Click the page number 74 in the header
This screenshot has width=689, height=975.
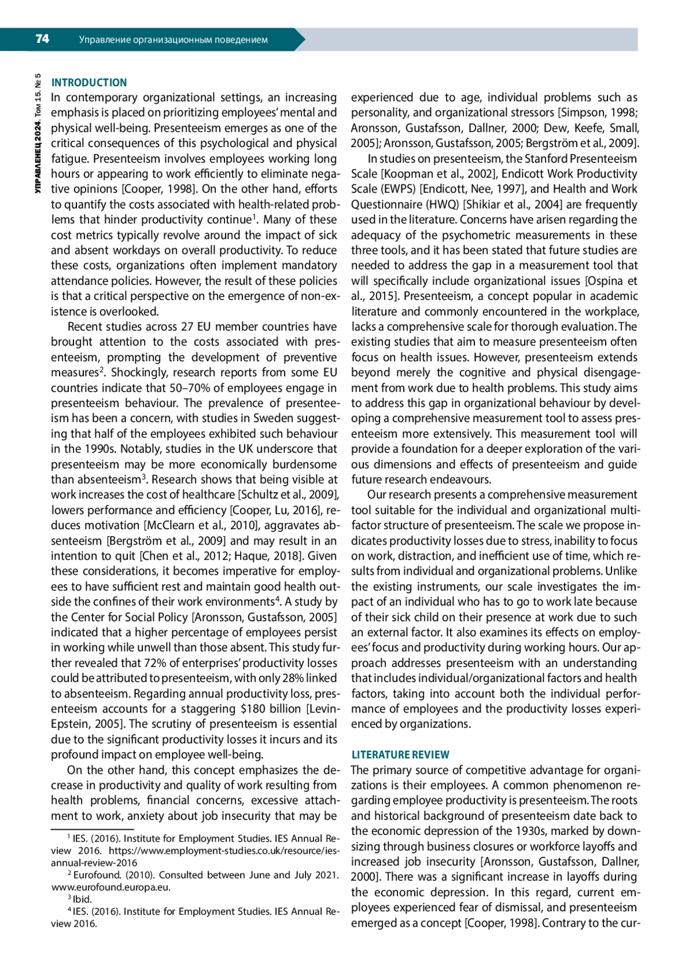pyautogui.click(x=42, y=39)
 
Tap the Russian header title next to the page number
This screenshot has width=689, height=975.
pyautogui.click(x=173, y=40)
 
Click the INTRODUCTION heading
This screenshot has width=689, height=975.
pyautogui.click(x=89, y=83)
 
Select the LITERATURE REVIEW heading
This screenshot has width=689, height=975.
pyautogui.click(x=400, y=754)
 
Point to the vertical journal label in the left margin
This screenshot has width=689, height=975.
pyautogui.click(x=38, y=133)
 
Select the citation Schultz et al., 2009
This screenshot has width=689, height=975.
pyautogui.click(x=288, y=495)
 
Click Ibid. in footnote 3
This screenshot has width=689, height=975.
pyautogui.click(x=82, y=899)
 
